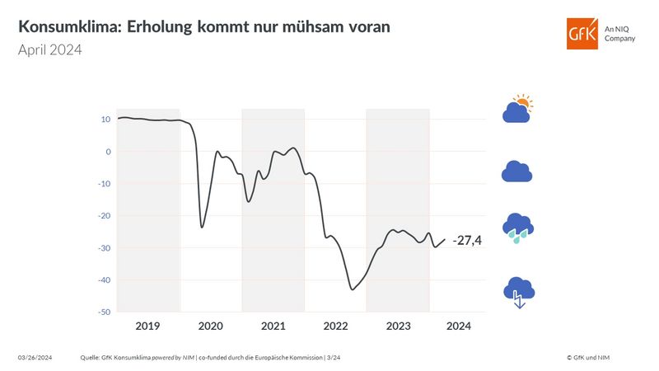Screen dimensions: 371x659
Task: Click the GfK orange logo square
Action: coord(582,33)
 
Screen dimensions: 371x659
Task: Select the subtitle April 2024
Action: coord(50,50)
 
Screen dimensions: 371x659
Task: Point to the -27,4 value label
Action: coord(467,240)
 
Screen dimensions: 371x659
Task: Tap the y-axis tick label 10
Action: coord(105,120)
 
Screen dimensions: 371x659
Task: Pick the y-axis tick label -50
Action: coord(103,312)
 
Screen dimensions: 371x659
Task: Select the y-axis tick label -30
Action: coord(103,248)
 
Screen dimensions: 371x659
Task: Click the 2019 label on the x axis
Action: coord(147,326)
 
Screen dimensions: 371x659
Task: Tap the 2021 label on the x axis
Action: coord(273,326)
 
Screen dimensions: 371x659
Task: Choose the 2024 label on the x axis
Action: coord(458,326)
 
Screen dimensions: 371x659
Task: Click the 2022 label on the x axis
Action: coord(335,326)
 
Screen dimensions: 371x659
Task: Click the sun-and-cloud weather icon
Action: coord(518,110)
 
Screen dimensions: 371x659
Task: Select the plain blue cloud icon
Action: coord(516,171)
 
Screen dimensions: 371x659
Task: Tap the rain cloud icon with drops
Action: coord(517,228)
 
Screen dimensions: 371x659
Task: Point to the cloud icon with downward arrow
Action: coord(517,291)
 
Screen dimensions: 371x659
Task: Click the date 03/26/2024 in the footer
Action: coord(35,357)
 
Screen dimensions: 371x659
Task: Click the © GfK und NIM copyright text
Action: coord(588,357)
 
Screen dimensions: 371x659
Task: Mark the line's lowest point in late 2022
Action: coord(352,289)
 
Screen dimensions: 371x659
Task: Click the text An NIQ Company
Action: coord(619,33)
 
